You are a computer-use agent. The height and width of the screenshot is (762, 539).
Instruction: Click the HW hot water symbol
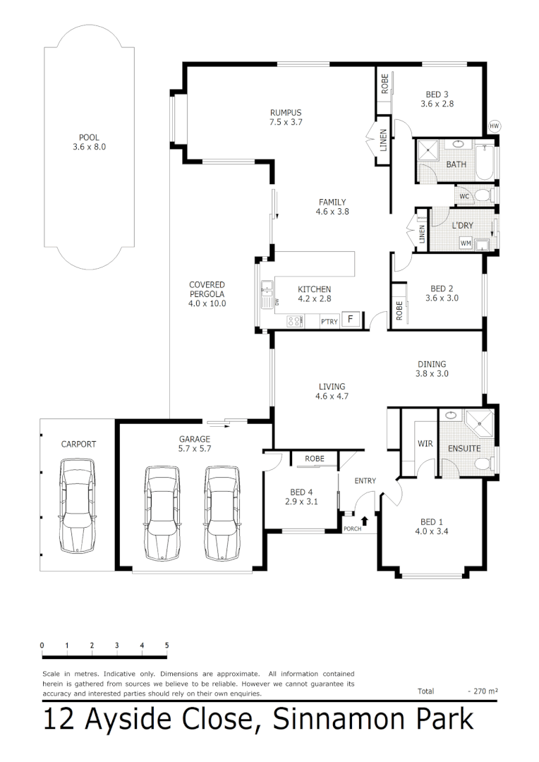493,126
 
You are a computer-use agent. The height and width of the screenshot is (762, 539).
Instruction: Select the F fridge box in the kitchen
351,320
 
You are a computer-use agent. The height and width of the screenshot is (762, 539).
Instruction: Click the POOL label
89,138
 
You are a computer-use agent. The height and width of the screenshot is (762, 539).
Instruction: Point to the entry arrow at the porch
365,521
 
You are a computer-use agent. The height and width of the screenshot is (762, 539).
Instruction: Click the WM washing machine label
466,243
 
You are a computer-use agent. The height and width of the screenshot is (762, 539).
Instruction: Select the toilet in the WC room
482,195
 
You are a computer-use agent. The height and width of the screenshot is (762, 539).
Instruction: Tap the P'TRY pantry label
329,322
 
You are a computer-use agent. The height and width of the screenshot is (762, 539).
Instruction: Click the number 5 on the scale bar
166,645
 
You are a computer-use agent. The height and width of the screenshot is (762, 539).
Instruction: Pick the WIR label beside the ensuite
425,445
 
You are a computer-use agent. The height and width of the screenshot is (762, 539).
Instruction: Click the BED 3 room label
437,95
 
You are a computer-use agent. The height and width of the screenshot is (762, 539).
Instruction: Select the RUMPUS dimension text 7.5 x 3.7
286,122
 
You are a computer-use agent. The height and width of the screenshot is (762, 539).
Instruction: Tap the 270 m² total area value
483,691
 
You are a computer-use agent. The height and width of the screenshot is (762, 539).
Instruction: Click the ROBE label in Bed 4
315,459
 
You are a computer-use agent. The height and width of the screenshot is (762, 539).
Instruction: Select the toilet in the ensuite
481,463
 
